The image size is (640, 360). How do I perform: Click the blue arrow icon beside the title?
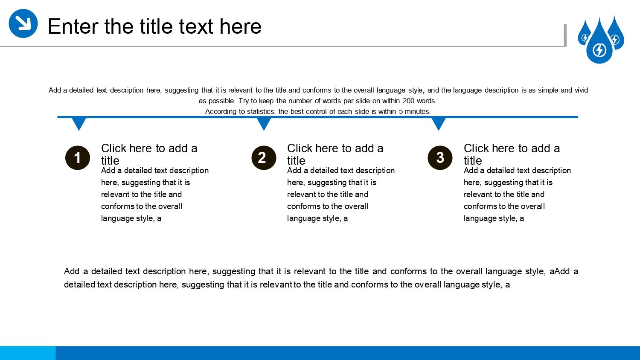pos(23,23)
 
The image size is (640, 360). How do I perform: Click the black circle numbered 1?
pos(77,158)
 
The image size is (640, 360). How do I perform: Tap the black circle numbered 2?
pos(264,158)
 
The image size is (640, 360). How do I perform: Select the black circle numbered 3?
pos(440,158)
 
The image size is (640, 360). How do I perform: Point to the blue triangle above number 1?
pos(79,123)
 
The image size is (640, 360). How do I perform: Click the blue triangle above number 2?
pos(264,123)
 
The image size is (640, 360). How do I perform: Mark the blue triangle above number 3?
pos(439,123)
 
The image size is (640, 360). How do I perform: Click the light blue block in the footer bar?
pos(28,353)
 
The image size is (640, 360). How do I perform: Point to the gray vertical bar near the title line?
pos(565,35)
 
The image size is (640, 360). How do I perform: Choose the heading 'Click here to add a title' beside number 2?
pos(335,154)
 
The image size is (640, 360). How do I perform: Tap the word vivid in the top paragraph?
pos(581,90)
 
